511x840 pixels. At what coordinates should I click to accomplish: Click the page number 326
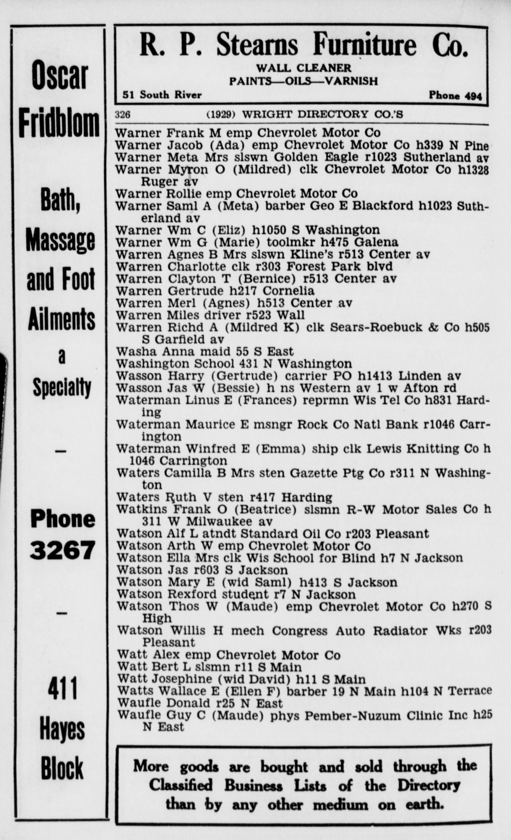pos(123,114)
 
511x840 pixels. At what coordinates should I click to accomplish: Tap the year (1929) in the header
pos(221,114)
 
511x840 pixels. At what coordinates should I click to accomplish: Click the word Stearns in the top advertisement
pos(257,45)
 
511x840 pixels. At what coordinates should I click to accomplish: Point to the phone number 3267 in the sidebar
pos(62,550)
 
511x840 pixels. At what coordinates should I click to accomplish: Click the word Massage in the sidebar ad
pos(60,240)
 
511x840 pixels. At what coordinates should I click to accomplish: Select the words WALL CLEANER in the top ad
pos(304,68)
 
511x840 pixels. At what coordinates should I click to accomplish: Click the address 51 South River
pos(162,95)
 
